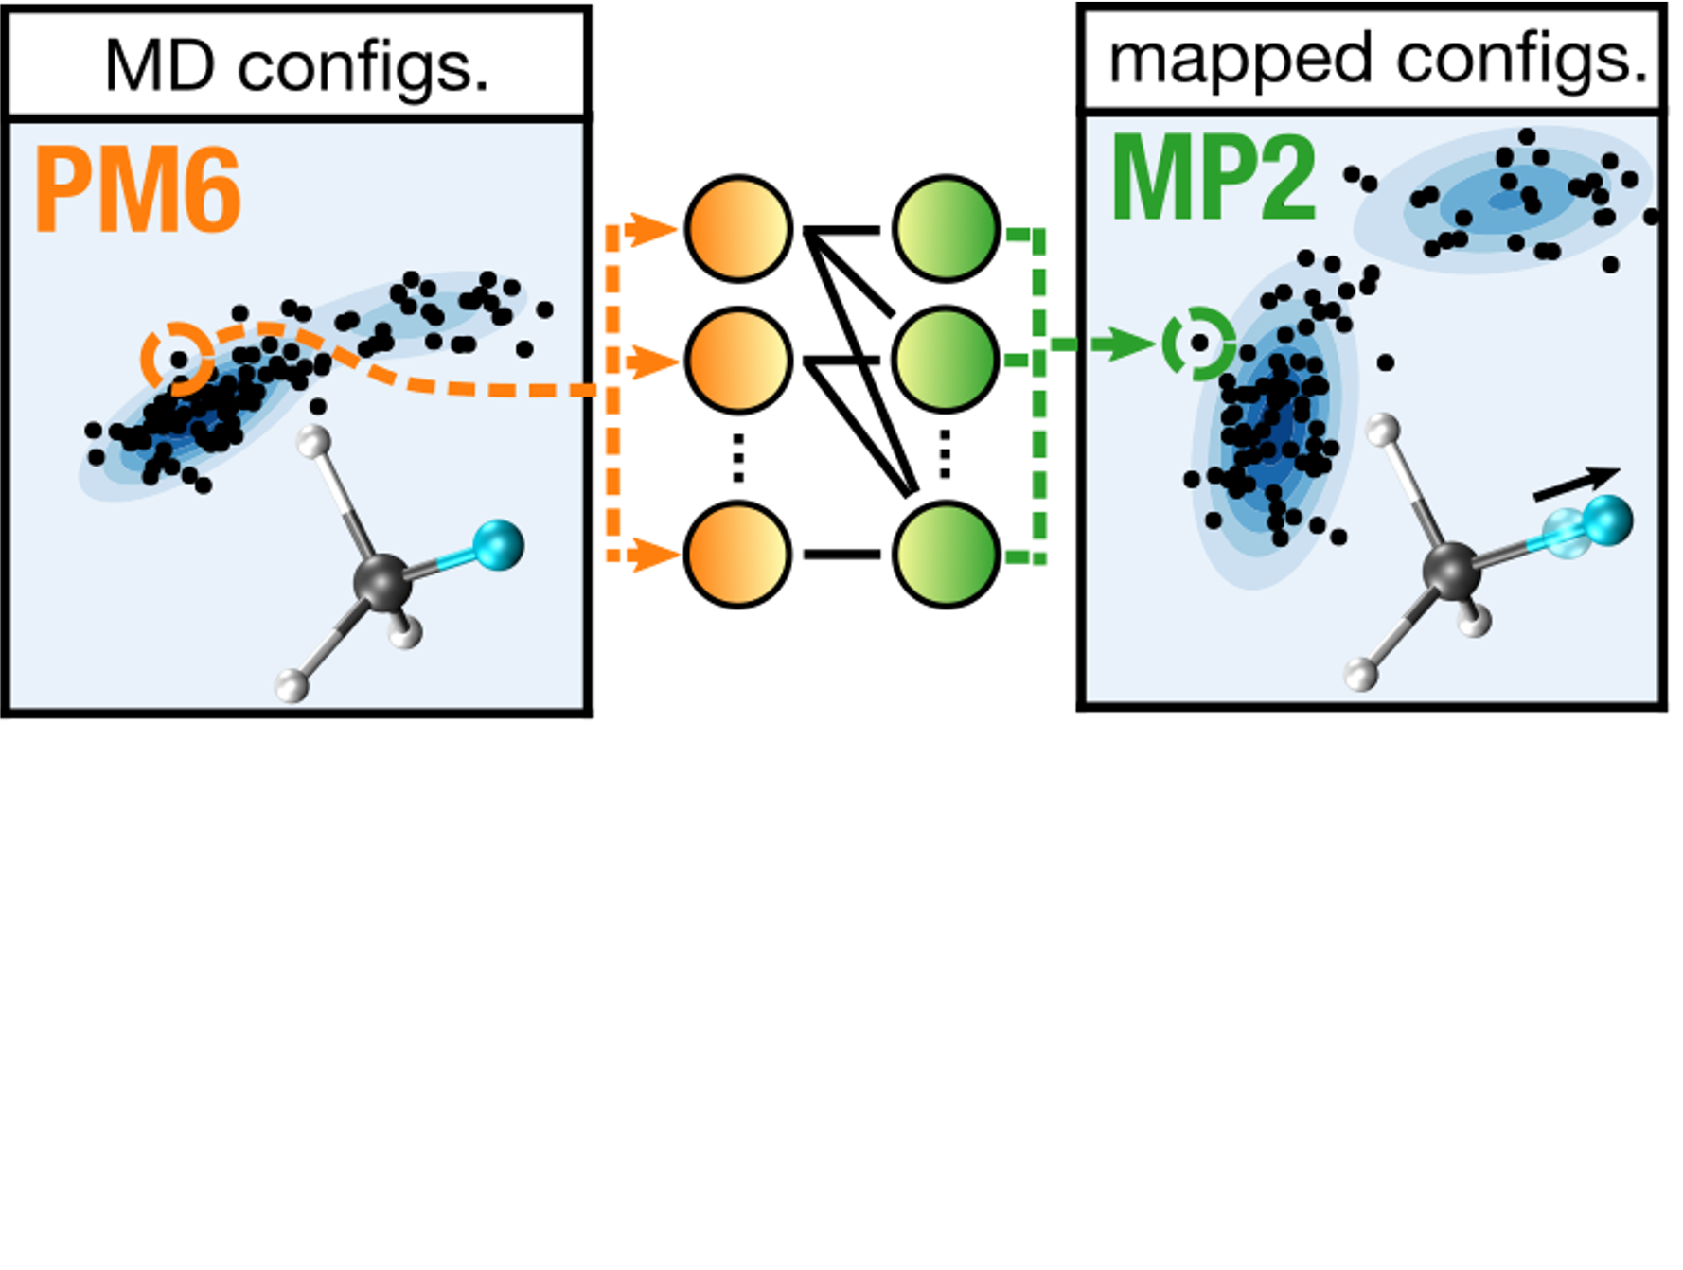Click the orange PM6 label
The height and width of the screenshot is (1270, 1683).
coord(138,191)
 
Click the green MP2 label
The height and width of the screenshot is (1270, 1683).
coord(1214,180)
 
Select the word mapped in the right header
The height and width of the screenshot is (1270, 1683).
coord(1240,60)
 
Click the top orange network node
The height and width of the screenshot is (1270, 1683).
coord(737,229)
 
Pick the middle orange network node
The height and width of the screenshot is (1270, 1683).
coord(737,361)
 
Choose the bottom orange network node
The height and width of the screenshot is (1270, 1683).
coord(737,555)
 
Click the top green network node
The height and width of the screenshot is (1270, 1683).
coord(946,229)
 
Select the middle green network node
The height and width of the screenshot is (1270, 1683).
coord(946,361)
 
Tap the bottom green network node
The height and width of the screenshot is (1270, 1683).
coord(946,555)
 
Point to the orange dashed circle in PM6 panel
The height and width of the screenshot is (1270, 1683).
coord(177,359)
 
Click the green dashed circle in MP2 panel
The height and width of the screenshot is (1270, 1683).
coord(1198,344)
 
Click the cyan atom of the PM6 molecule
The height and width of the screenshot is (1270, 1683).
coord(498,545)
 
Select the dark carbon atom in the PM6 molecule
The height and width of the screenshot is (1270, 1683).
coord(382,581)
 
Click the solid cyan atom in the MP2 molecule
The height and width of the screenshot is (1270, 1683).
coord(1607,520)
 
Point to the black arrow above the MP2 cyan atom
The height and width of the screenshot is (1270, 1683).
coord(1576,484)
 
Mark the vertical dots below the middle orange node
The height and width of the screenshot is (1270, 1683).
coord(737,458)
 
